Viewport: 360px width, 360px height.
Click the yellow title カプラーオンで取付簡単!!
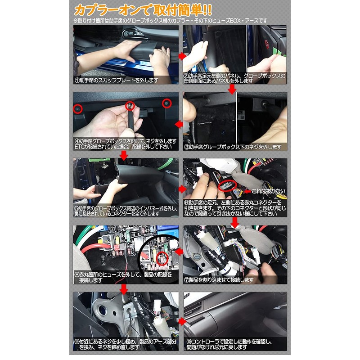(x=143, y=9)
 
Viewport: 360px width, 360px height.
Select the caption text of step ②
(x=234, y=78)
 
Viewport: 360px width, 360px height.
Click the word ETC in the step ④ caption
(x=80, y=147)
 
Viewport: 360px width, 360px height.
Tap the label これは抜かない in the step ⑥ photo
(x=270, y=191)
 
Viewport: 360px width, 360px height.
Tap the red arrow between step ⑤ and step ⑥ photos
(x=181, y=186)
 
